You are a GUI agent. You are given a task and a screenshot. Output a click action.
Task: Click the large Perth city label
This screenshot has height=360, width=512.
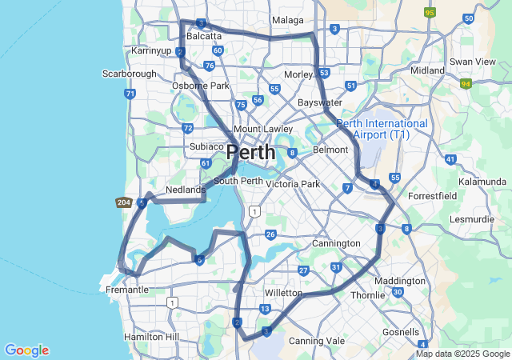pos(250,152)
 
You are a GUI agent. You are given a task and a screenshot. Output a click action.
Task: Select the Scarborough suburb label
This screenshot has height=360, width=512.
pos(130,74)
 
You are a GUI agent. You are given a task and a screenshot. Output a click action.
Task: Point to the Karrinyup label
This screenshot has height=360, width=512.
pos(152,50)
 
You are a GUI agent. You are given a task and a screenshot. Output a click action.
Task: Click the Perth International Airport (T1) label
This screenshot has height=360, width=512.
pos(382,130)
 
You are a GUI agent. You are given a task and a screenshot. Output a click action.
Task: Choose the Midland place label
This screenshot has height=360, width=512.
pos(427,70)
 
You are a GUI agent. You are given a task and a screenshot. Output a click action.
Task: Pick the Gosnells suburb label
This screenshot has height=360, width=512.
pos(401,332)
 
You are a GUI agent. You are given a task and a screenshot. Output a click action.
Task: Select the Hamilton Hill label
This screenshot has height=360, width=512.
pos(152,338)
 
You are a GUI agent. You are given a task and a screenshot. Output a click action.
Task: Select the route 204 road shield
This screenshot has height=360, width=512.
pos(123,203)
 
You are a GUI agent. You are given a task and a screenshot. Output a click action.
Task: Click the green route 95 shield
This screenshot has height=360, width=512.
pos(430,12)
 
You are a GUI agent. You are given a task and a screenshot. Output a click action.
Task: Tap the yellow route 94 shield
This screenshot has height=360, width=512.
pos(466,82)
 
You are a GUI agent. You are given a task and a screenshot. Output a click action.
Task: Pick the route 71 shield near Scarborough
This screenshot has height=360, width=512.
pos(130,94)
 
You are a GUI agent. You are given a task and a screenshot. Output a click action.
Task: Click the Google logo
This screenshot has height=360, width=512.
pos(26,350)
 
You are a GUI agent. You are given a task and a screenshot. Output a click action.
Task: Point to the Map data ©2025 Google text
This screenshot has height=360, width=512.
pos(463,354)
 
